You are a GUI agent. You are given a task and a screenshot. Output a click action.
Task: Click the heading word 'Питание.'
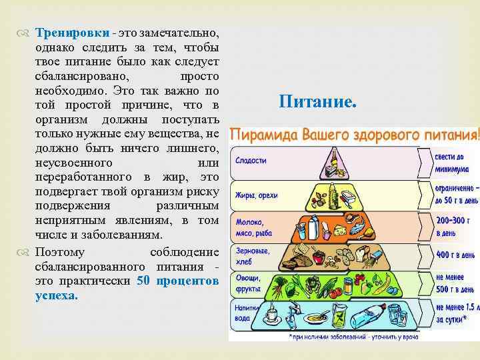point(318,103)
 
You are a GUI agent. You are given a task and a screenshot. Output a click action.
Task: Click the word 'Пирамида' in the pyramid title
point(264,135)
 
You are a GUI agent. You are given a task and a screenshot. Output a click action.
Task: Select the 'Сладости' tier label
point(251,161)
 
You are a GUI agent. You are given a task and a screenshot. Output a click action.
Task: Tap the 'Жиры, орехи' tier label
point(256,195)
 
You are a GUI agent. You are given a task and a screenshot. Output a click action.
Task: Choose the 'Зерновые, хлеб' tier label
point(251,257)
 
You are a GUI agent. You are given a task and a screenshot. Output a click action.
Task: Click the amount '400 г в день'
point(455,255)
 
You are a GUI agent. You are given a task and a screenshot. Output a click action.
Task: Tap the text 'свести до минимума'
point(452,163)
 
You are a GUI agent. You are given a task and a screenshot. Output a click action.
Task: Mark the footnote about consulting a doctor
point(353,337)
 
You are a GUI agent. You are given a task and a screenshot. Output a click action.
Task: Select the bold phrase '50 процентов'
point(177,281)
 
